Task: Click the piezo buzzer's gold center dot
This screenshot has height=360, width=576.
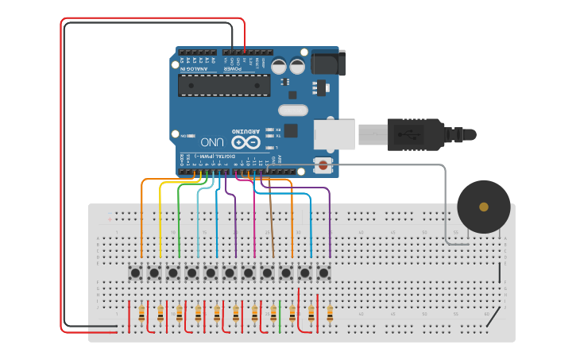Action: point(484,207)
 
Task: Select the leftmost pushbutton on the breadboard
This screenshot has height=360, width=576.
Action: point(135,273)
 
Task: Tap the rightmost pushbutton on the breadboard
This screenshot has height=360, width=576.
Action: point(323,273)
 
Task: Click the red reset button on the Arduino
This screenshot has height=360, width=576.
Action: point(323,165)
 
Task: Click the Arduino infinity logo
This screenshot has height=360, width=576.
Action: point(250,142)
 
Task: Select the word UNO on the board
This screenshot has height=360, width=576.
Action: point(212,142)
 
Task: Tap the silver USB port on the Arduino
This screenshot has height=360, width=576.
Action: point(334,134)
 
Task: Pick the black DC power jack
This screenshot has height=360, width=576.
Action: point(327,62)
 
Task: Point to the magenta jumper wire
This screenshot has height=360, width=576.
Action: point(254,223)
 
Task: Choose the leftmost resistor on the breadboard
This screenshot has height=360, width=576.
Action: point(141,312)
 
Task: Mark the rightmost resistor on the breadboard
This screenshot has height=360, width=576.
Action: point(330,312)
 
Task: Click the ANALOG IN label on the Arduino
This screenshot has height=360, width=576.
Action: point(194,68)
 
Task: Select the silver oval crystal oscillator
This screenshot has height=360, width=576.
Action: point(292,110)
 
